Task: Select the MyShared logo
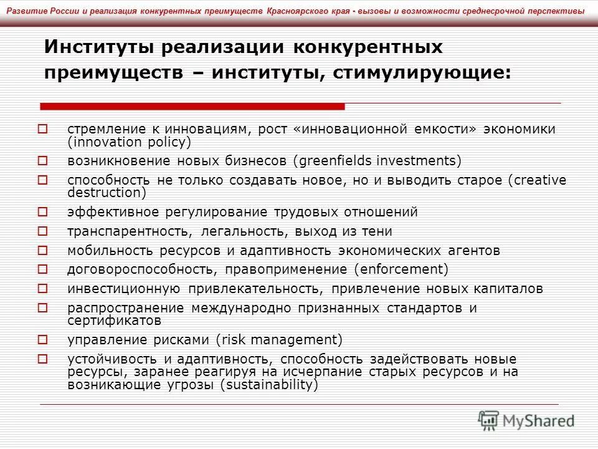[526, 420]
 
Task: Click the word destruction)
[107, 193]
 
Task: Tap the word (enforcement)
[401, 270]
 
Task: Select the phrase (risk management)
[280, 340]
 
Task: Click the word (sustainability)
[269, 385]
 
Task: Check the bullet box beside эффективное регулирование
[42, 212]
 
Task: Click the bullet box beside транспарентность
[42, 231]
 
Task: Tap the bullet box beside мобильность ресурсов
[42, 251]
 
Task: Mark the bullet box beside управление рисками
[42, 340]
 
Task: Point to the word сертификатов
[115, 321]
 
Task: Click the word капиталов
[511, 289]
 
